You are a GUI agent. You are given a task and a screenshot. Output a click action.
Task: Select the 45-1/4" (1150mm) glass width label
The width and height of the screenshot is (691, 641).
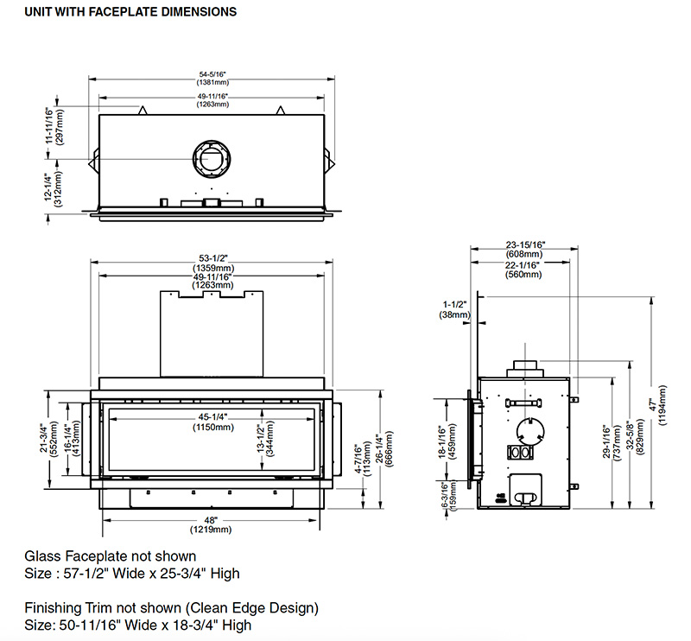[212, 422]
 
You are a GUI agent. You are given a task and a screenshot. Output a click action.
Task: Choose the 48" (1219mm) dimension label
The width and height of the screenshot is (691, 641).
[212, 524]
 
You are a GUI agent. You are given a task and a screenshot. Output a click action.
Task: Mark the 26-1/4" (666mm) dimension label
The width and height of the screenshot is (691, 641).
[384, 448]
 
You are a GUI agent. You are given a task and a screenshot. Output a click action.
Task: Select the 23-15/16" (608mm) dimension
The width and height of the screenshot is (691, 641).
[523, 249]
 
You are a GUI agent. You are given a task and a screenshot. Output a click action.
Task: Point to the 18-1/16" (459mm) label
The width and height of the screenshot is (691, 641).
[446, 441]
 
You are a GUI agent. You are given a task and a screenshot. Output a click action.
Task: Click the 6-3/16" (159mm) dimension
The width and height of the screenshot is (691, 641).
[446, 498]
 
